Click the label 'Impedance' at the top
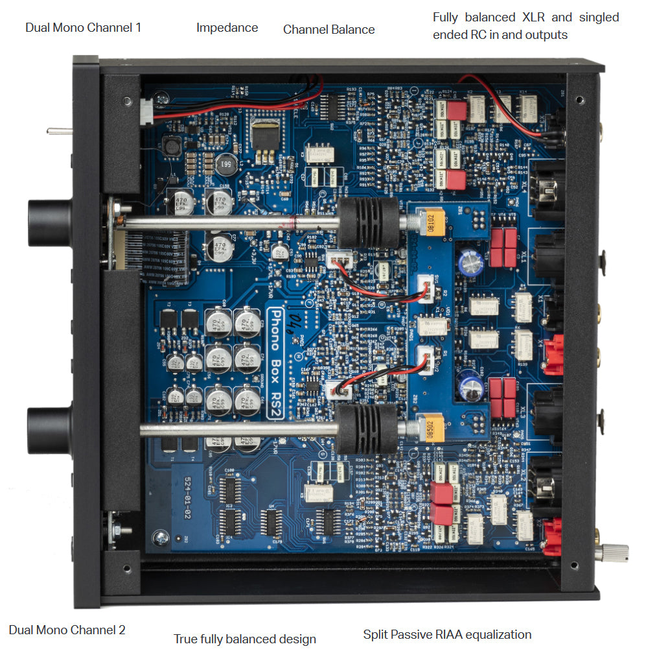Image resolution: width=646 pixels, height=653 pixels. click(x=227, y=27)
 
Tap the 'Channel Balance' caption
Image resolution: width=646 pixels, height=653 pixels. click(x=329, y=29)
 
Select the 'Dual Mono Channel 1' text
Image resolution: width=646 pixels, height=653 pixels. click(x=83, y=27)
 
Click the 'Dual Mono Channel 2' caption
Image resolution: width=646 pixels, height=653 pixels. click(x=67, y=629)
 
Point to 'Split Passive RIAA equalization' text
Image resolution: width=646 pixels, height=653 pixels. click(x=447, y=634)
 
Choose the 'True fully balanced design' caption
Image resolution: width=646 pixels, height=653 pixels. click(x=245, y=639)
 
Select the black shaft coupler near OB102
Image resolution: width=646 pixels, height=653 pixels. click(x=367, y=221)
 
